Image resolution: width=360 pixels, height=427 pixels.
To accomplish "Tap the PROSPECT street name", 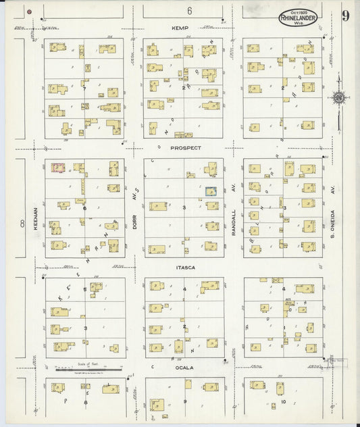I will [x=186, y=147].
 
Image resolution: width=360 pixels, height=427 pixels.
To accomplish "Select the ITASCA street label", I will [x=184, y=268].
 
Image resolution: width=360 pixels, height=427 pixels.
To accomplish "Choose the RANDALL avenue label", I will [x=234, y=221].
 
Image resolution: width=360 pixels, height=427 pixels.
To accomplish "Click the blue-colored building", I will [x=211, y=192].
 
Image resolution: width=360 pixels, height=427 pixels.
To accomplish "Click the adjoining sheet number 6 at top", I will [x=190, y=11].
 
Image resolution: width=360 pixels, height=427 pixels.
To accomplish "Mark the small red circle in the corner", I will [x=30, y=11].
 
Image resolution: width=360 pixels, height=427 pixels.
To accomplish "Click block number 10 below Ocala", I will [x=284, y=402].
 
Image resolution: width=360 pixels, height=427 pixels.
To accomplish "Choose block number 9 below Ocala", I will [x=184, y=402].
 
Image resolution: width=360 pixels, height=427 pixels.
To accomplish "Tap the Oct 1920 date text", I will [x=297, y=11].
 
